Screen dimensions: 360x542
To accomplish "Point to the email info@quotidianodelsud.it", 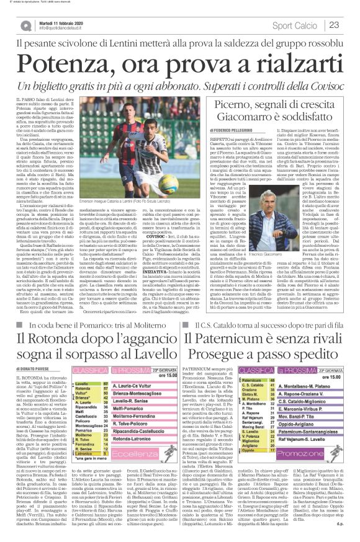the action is (65, 29).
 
